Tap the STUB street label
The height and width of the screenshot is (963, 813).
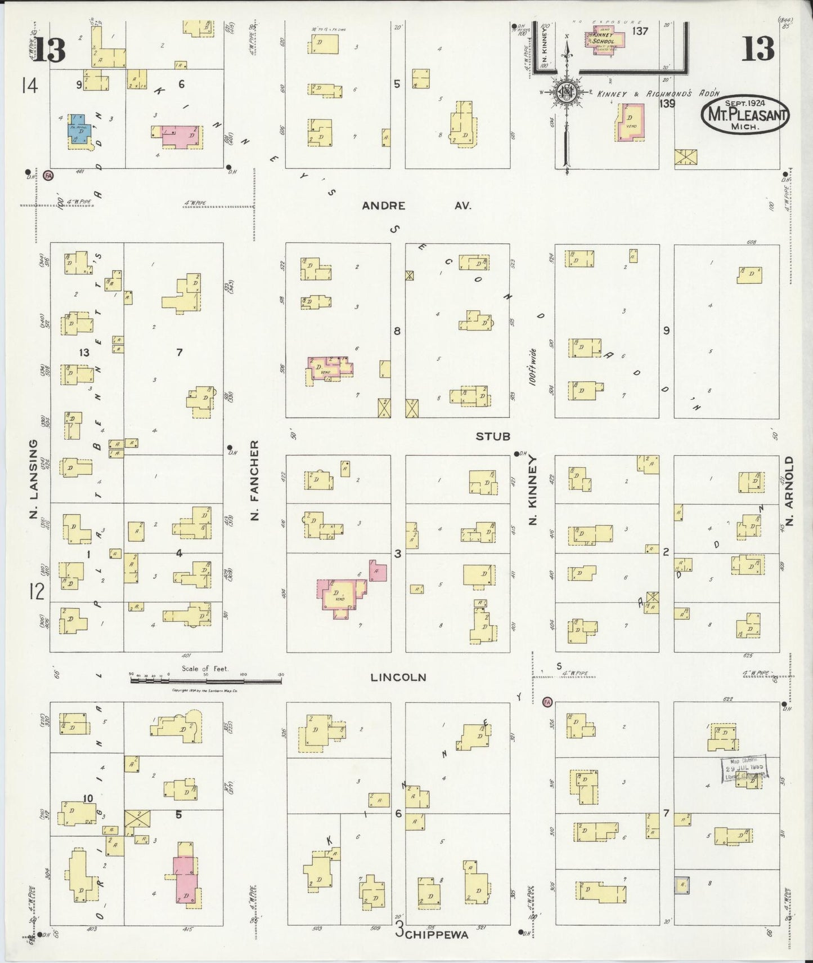pyautogui.click(x=493, y=436)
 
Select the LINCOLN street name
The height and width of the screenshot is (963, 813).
pyautogui.click(x=398, y=677)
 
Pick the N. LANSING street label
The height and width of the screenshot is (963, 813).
pyautogui.click(x=33, y=480)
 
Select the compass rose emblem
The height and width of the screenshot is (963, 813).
pyautogui.click(x=566, y=93)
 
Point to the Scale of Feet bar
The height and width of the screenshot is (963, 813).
pyautogui.click(x=206, y=681)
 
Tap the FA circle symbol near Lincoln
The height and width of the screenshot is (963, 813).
pyautogui.click(x=546, y=702)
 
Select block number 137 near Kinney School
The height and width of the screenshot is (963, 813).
pyautogui.click(x=640, y=32)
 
